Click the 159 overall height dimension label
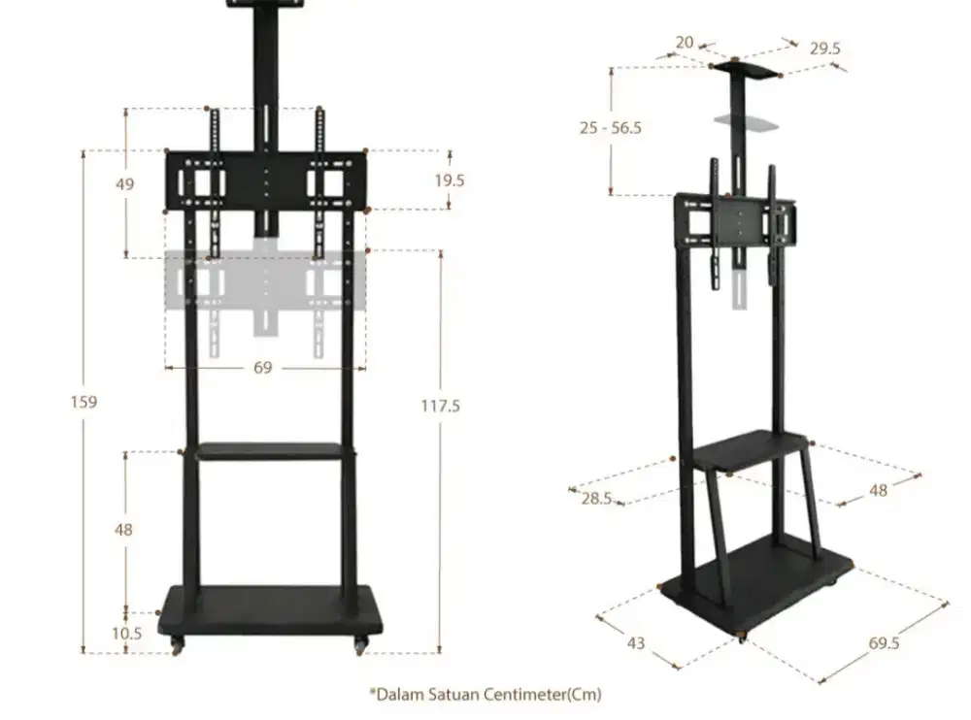click(x=84, y=402)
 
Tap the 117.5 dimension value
click(x=440, y=406)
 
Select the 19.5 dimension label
click(x=450, y=180)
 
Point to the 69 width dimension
click(x=263, y=368)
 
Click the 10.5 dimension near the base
click(x=127, y=633)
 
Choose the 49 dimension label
click(x=124, y=184)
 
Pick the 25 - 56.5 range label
click(x=611, y=127)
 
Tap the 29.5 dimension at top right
click(x=824, y=47)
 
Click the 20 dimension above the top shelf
click(x=685, y=42)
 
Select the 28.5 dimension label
click(x=595, y=498)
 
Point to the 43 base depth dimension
click(x=635, y=642)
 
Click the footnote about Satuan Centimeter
click(x=485, y=694)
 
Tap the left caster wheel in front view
click(x=178, y=644)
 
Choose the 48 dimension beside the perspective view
click(x=878, y=490)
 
